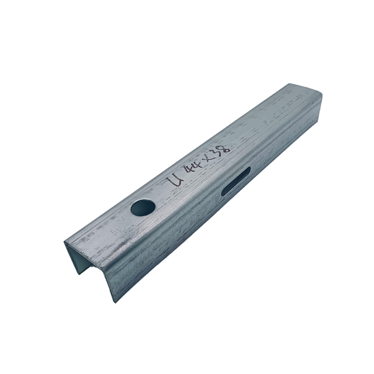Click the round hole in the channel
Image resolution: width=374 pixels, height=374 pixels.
click(143, 207)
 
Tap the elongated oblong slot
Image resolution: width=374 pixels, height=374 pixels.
click(236, 181)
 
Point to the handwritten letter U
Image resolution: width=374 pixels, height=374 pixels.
click(174, 178)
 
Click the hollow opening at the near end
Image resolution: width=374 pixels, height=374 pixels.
click(85, 260)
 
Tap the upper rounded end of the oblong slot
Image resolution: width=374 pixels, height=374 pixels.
click(247, 171)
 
